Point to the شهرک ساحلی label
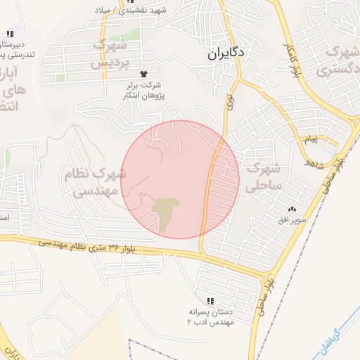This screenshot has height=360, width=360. pos(264,176)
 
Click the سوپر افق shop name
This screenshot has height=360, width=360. pos(292,221)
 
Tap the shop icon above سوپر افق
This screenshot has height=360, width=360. pos(292,210)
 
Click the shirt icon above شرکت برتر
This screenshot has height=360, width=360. pos(145,73)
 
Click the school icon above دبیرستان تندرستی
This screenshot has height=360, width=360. pos(10,34)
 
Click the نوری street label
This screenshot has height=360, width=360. pos(229,102)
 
